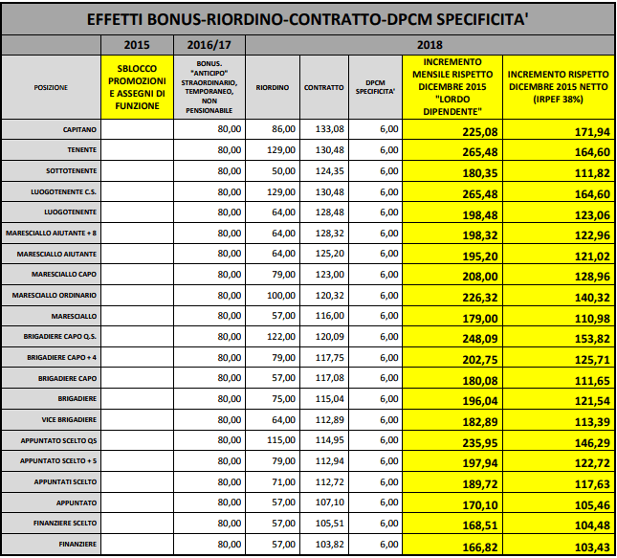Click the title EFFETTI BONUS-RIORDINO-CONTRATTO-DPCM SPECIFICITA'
(308, 18)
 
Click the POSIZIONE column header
(50, 87)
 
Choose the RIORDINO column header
(274, 87)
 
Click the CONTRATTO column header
(323, 87)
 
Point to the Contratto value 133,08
(327, 132)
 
